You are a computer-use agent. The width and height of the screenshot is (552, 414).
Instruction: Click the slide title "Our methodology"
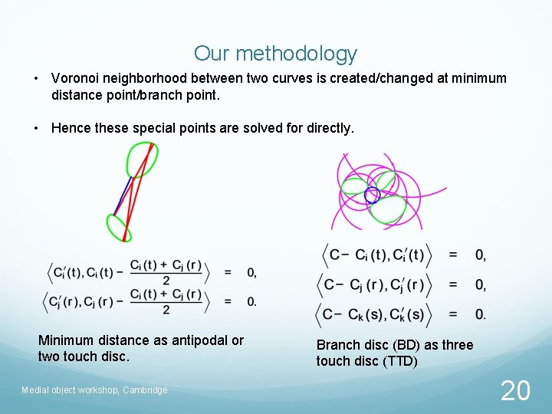[275, 53]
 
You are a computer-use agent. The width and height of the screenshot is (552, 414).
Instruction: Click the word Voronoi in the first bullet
[75, 78]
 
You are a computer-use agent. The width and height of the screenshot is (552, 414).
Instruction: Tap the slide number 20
[515, 391]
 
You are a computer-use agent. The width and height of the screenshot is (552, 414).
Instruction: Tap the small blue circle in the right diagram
[372, 195]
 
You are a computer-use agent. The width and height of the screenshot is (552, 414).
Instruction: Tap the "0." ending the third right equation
[480, 314]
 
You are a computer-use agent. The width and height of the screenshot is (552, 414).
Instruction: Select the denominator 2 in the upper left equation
[166, 281]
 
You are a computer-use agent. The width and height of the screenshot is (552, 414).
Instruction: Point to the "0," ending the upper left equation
[251, 272]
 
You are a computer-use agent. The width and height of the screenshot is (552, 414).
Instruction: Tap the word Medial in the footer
[35, 390]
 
